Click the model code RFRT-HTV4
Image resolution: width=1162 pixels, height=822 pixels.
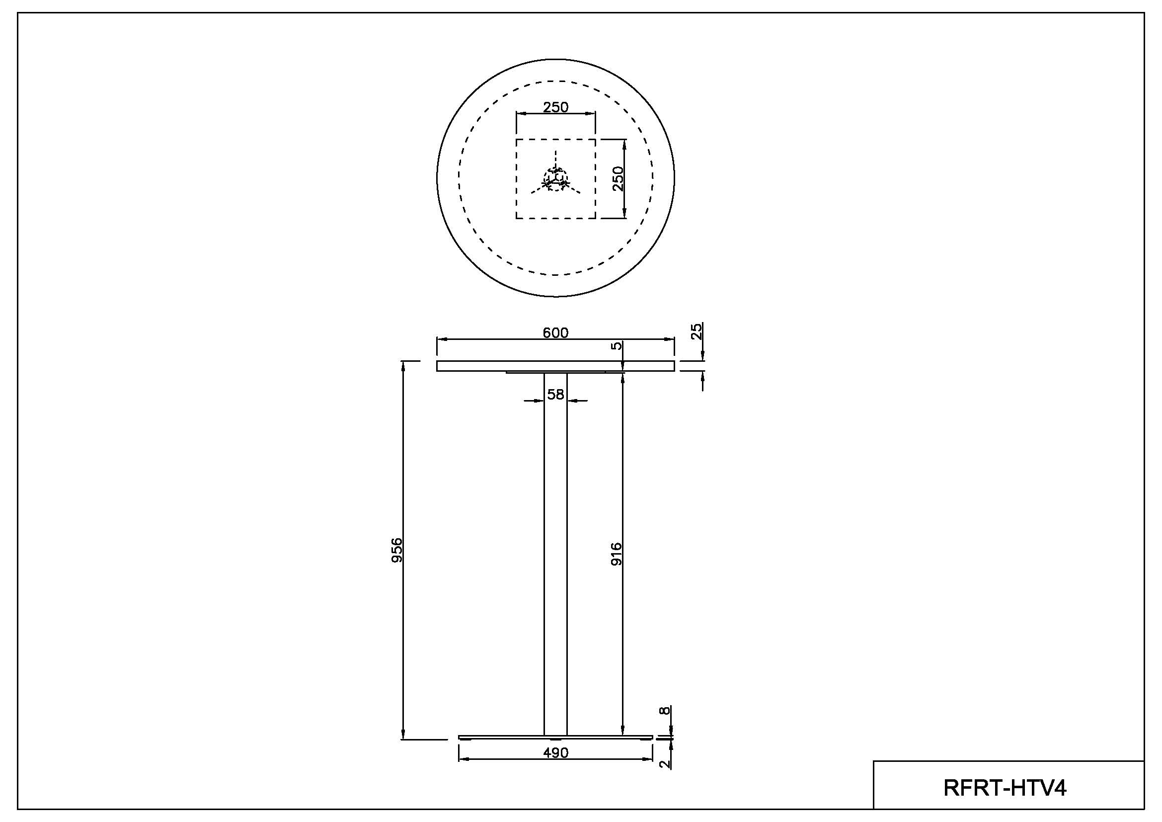click(1005, 788)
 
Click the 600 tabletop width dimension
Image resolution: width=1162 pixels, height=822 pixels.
click(555, 332)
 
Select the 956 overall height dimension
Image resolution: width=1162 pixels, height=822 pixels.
click(397, 550)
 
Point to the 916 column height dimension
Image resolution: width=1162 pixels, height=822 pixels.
click(616, 554)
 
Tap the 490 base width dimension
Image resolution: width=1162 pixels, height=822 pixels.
click(556, 752)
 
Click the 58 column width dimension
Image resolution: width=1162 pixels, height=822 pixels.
click(555, 394)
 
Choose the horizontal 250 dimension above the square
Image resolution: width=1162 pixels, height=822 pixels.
click(556, 107)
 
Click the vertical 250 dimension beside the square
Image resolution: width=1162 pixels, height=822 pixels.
click(618, 179)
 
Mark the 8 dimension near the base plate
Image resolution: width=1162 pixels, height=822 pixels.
click(665, 710)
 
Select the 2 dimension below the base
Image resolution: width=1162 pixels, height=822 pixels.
click(665, 764)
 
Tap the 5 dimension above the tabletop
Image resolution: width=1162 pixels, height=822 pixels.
click(616, 346)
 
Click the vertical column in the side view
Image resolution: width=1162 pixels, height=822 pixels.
click(555, 554)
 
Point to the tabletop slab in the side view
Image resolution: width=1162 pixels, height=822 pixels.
click(555, 366)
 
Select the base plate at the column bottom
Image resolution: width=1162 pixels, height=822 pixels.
click(555, 737)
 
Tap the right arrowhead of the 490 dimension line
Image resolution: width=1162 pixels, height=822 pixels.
click(648, 759)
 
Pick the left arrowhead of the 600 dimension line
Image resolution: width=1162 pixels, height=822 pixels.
click(442, 339)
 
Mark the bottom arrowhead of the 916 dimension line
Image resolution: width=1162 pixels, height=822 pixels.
click(622, 730)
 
